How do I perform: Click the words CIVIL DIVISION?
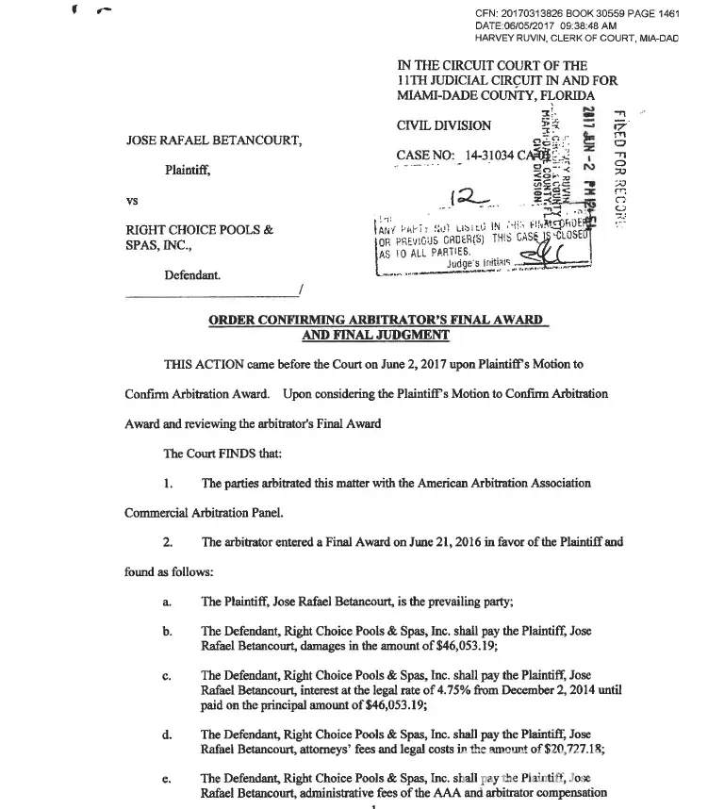click(x=444, y=125)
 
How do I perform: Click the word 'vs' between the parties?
click(x=132, y=201)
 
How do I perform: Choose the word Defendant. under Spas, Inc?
click(x=195, y=273)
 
